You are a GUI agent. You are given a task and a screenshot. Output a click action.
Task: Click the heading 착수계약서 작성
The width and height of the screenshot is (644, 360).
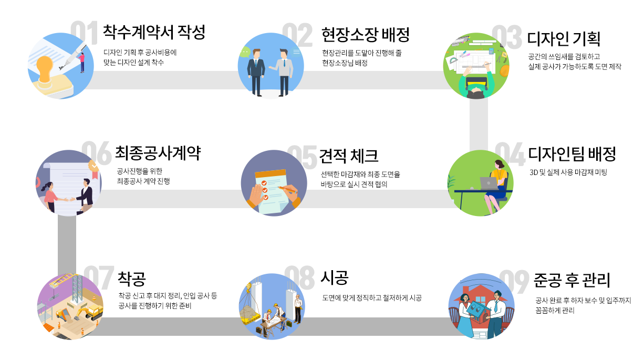154,33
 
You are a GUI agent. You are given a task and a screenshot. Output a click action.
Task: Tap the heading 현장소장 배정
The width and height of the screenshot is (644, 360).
366,35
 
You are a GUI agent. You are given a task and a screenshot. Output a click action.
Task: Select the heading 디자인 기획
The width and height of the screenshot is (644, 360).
564,39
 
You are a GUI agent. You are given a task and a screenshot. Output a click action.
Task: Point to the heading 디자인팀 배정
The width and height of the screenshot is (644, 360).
572,155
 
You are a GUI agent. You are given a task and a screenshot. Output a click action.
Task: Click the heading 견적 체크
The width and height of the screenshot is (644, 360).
349,156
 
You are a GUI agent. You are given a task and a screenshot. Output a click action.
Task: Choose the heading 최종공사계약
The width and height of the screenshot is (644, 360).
158,153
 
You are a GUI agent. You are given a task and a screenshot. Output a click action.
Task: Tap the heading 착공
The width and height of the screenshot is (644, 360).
132,277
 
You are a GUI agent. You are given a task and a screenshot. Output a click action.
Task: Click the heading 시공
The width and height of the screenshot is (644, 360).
335,277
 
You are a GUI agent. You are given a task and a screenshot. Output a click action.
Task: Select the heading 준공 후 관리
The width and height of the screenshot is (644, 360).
572,280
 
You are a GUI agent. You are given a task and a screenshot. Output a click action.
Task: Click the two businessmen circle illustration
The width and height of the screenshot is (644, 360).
271,66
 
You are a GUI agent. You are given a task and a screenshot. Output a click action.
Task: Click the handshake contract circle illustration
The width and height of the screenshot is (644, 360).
68,183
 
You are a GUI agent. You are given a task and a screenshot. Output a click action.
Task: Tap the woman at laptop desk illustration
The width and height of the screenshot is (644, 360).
481,182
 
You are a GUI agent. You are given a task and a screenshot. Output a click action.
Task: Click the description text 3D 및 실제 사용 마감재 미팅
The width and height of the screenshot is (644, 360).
568,172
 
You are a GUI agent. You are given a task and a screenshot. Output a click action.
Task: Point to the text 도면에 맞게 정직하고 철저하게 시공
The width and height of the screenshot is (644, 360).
372,298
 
